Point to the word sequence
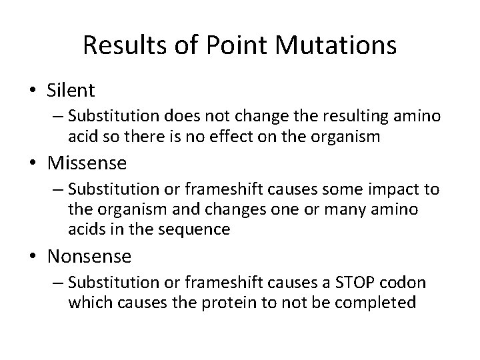tap(199, 229)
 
